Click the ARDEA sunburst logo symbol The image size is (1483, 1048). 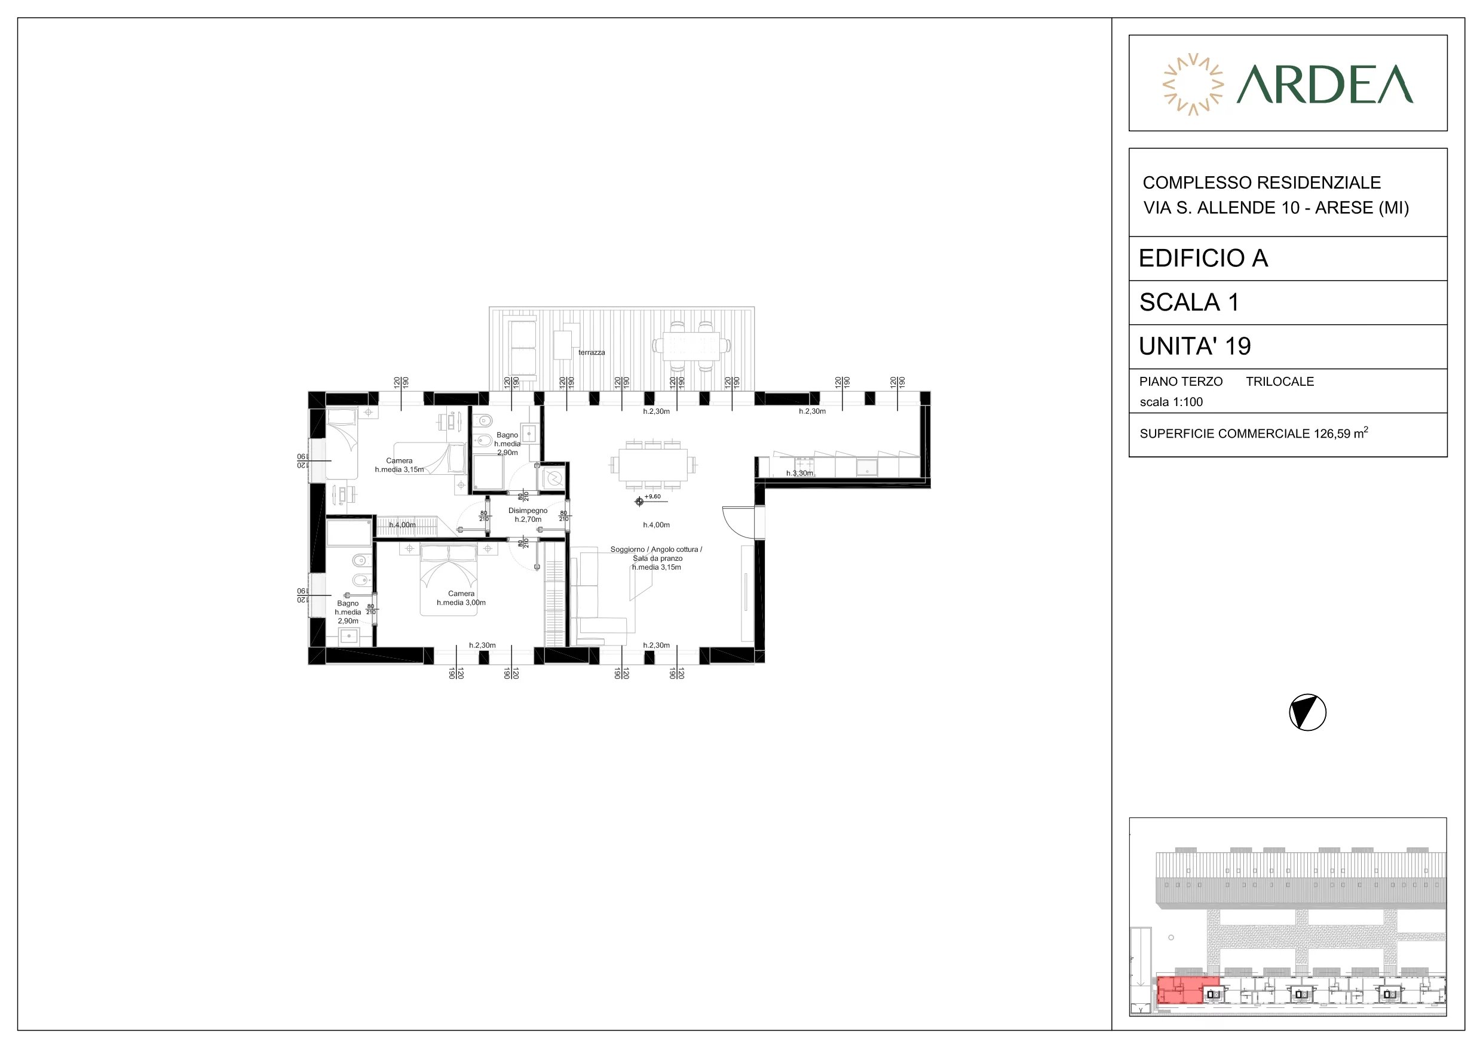point(1193,84)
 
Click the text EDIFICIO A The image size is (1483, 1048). point(1203,259)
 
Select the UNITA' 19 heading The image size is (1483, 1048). point(1195,347)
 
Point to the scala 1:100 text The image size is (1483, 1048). point(1171,402)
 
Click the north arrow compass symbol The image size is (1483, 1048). point(1307,713)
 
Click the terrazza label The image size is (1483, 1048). point(592,352)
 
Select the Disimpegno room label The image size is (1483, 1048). point(528,511)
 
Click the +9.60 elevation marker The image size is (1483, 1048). point(648,499)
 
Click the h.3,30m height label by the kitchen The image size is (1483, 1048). point(799,474)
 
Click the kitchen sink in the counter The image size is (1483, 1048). point(866,468)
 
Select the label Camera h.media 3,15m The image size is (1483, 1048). point(399,465)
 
